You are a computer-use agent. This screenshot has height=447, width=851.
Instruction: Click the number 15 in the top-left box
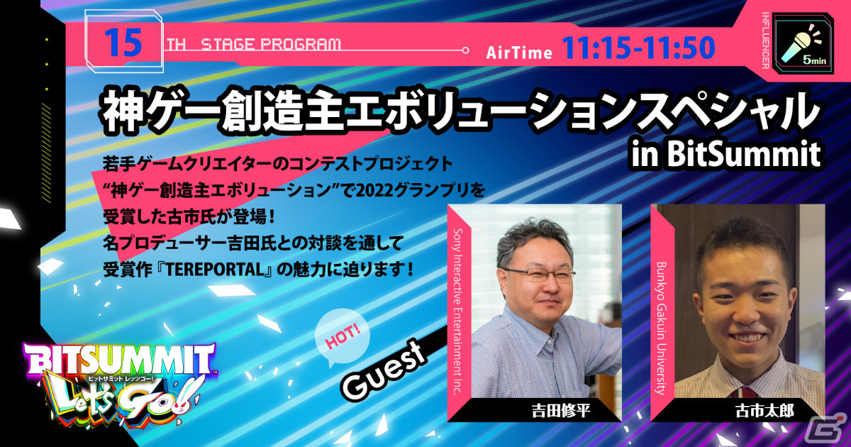click(122, 43)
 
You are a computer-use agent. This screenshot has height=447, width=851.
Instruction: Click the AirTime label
click(519, 52)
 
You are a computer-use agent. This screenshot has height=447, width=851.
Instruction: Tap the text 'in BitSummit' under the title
click(725, 153)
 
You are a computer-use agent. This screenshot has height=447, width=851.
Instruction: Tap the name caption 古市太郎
click(753, 410)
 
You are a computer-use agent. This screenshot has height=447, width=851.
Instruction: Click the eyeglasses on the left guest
click(539, 275)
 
